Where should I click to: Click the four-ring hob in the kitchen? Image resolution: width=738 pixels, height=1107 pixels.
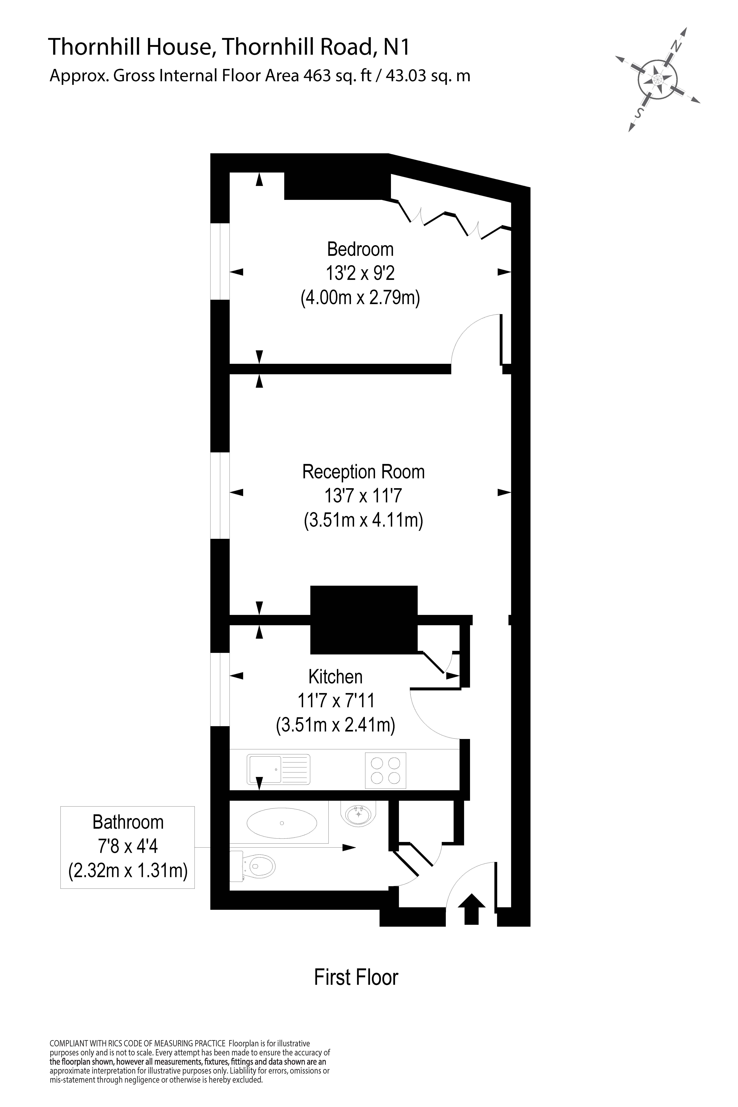pos(385,770)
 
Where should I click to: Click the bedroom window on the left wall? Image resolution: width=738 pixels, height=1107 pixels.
pos(220,261)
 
